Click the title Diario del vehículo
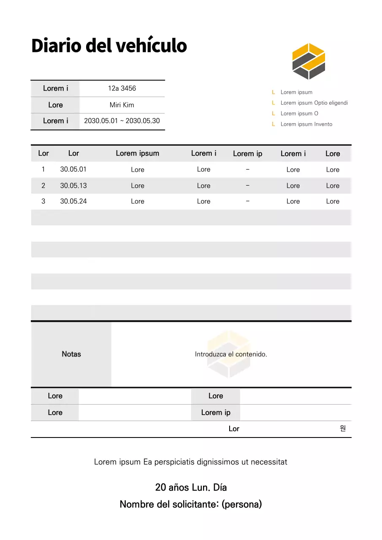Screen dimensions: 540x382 coord(109,46)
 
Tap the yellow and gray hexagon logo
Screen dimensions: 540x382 coord(309,62)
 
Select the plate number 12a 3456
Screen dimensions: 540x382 coord(122,89)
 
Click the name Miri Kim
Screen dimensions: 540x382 coord(122,105)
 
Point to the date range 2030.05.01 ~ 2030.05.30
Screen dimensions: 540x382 coord(122,121)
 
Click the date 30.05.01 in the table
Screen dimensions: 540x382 coord(73,169)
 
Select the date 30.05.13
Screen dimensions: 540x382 coord(73,186)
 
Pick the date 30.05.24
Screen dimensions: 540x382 coord(73,201)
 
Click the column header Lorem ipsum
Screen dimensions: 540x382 coord(138,154)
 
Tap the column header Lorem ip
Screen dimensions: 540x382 coord(247,154)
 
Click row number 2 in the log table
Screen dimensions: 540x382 coord(43,186)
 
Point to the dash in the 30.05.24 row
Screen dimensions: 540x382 coord(247,201)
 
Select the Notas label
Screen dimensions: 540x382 coord(71,354)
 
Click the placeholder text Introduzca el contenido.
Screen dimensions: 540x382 coord(231,354)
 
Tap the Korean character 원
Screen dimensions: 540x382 coord(343,429)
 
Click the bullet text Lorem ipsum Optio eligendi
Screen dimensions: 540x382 coord(314,103)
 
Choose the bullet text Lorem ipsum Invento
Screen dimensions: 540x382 coord(306,124)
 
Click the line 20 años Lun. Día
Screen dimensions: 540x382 coord(191,488)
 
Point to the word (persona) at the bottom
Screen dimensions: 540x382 coord(241,504)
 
